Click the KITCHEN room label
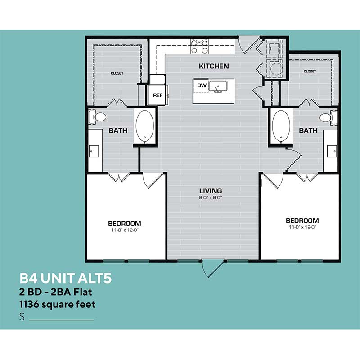point(214,66)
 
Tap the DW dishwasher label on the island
point(202,85)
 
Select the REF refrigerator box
point(157,95)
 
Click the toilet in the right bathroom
point(328,117)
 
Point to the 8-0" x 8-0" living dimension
point(211,198)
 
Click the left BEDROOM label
point(125,223)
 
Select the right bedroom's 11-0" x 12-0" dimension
point(302,227)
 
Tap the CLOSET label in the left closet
point(117,73)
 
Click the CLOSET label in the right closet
point(310,72)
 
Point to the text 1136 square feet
point(57,305)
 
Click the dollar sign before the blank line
point(22,316)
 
